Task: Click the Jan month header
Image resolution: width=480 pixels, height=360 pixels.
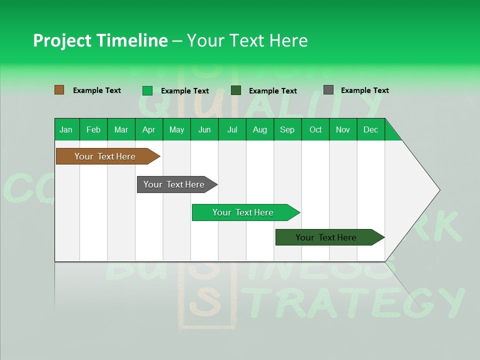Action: coord(66,129)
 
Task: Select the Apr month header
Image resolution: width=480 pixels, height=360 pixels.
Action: coord(148,129)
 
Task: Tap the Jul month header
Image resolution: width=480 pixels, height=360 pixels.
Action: coord(232,129)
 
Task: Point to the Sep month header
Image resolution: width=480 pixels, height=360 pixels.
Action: coord(287,129)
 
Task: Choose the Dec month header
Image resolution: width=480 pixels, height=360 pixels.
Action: coord(370,129)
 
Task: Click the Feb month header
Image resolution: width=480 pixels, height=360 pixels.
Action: coord(93,129)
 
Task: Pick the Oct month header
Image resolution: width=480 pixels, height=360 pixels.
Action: coord(315,129)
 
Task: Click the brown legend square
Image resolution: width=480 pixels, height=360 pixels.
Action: coord(59,90)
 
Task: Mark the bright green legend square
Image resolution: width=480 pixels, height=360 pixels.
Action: coord(147,90)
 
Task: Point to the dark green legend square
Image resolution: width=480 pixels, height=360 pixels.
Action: coord(236,90)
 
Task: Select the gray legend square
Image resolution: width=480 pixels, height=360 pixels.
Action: coord(328,90)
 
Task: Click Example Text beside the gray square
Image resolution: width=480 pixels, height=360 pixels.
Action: coord(364,90)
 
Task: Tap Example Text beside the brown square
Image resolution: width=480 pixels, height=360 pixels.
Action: coord(97,90)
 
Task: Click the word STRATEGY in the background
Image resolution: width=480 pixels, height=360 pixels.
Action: coord(357,302)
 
